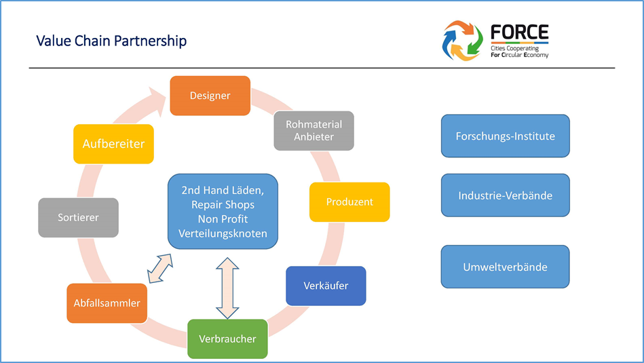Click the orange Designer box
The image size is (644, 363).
210,96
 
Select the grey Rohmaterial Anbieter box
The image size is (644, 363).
314,130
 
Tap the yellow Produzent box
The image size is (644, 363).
349,202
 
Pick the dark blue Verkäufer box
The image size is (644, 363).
326,286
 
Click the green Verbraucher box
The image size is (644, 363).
227,339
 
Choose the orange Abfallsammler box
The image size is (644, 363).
107,303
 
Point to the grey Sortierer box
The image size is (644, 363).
78,218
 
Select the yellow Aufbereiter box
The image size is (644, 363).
113,144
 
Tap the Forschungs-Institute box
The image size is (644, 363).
505,136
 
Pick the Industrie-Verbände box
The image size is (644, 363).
505,195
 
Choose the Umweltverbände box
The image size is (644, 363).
505,267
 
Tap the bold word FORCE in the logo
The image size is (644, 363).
519,33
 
